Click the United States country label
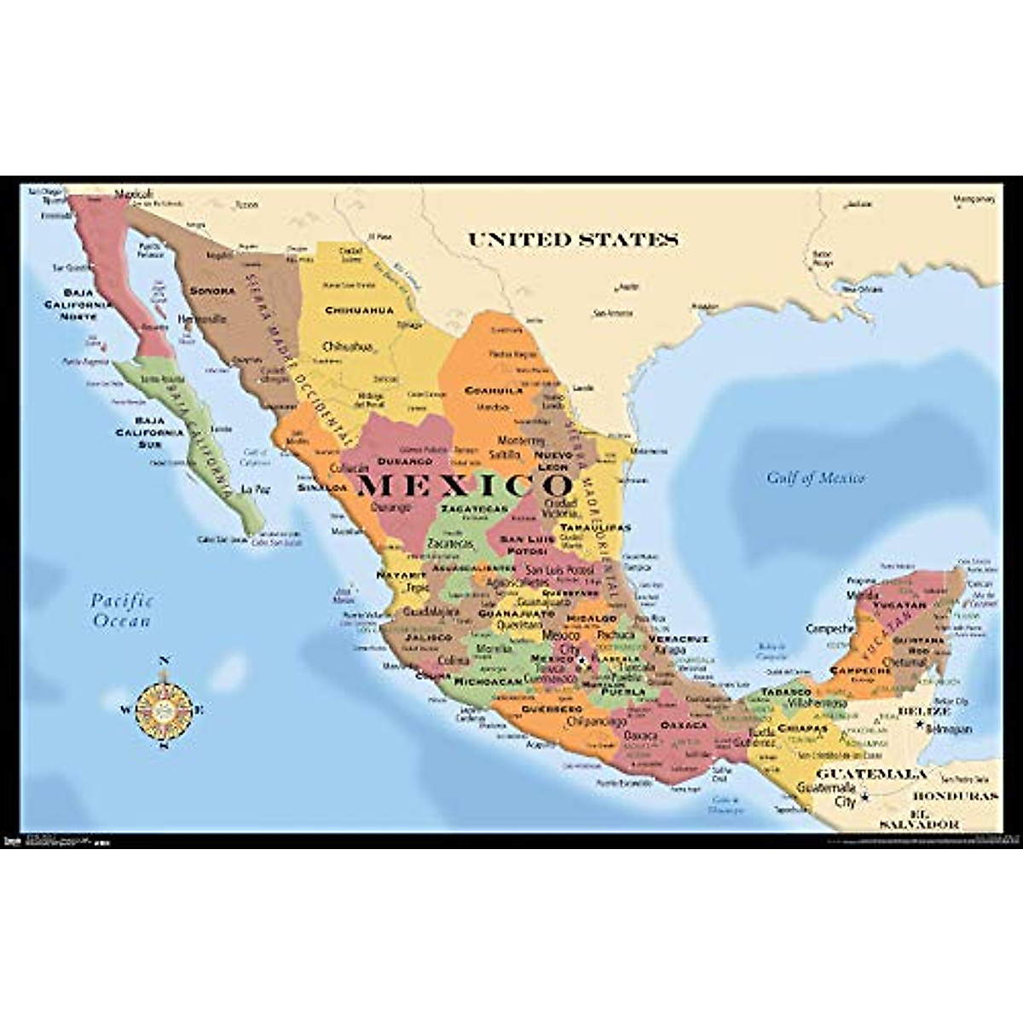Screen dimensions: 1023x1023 click(x=573, y=240)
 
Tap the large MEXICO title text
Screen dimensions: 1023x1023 click(x=465, y=486)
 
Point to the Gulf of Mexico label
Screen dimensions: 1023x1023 click(x=815, y=477)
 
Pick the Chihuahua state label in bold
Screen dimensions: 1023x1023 click(x=359, y=310)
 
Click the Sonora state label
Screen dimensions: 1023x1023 click(x=211, y=291)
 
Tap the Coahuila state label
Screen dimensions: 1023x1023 click(x=493, y=390)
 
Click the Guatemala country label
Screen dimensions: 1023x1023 click(x=871, y=775)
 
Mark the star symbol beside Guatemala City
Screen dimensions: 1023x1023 click(x=864, y=797)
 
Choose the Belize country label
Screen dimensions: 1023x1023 click(x=923, y=710)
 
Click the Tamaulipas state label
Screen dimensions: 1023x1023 click(x=595, y=528)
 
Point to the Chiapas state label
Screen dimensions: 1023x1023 click(x=802, y=729)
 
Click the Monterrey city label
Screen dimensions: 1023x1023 click(x=520, y=441)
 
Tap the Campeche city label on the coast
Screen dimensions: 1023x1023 click(x=829, y=628)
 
